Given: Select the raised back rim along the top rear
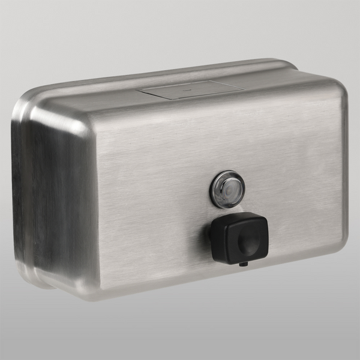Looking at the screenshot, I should click(x=180, y=67).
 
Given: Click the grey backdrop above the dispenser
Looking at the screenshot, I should click(x=180, y=30).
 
